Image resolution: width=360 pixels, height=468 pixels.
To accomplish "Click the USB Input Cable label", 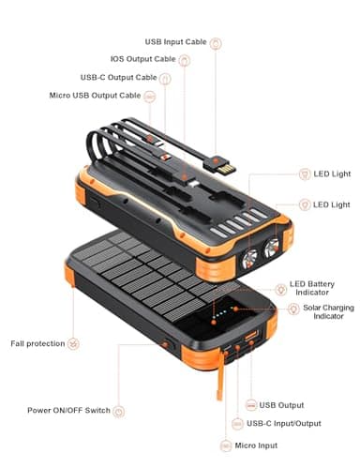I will (x=175, y=42).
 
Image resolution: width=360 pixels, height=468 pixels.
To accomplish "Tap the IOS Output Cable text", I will (x=142, y=60).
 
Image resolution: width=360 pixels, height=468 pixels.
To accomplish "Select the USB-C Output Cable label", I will (x=119, y=77).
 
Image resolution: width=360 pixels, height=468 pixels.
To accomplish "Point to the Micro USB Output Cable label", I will (x=95, y=95).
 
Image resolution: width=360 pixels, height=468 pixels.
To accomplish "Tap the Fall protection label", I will (x=38, y=343).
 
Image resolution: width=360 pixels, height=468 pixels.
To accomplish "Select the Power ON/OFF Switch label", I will (x=68, y=410).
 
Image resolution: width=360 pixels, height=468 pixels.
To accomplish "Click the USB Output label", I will (x=281, y=404).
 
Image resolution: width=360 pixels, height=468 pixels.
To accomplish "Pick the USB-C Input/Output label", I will (x=296, y=425).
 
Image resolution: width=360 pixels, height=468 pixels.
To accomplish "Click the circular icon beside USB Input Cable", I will (x=217, y=42).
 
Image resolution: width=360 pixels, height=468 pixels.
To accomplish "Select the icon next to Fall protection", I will (x=74, y=343).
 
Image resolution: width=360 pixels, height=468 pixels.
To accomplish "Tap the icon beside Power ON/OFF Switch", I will (x=119, y=410).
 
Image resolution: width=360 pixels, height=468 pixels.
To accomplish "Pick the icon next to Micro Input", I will (x=226, y=445).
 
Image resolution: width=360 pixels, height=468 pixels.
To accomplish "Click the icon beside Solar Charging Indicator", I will (x=294, y=309).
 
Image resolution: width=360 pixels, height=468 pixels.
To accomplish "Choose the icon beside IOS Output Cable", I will (x=185, y=60).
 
